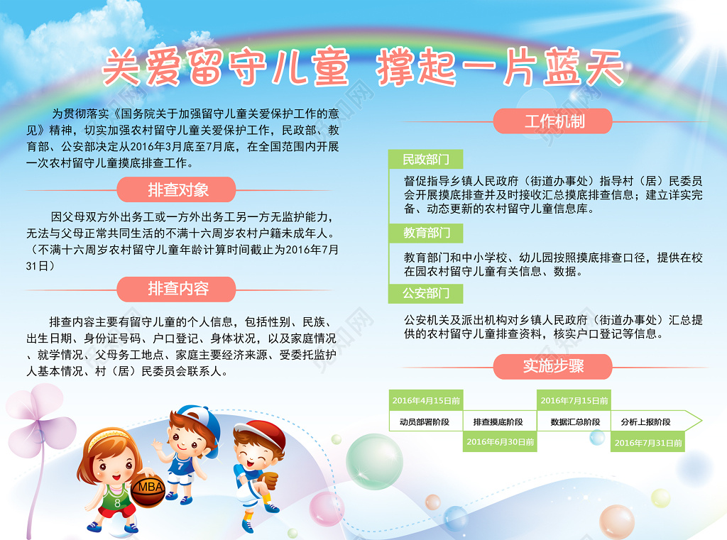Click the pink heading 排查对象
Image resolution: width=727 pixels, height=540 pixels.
(x=178, y=189)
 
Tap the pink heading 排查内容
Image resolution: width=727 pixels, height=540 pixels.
(x=178, y=289)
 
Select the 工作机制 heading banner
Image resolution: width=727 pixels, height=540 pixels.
(x=554, y=121)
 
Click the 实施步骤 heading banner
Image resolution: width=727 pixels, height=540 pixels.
(x=553, y=366)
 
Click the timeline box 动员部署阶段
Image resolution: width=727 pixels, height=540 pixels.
(x=425, y=421)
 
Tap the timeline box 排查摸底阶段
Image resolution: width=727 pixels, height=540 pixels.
(x=498, y=421)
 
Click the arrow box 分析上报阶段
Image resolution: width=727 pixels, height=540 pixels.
(x=650, y=421)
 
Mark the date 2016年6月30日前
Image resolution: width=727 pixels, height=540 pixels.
(x=500, y=442)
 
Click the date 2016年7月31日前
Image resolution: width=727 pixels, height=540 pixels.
(x=647, y=443)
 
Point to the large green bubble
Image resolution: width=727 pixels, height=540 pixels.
(x=374, y=461)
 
